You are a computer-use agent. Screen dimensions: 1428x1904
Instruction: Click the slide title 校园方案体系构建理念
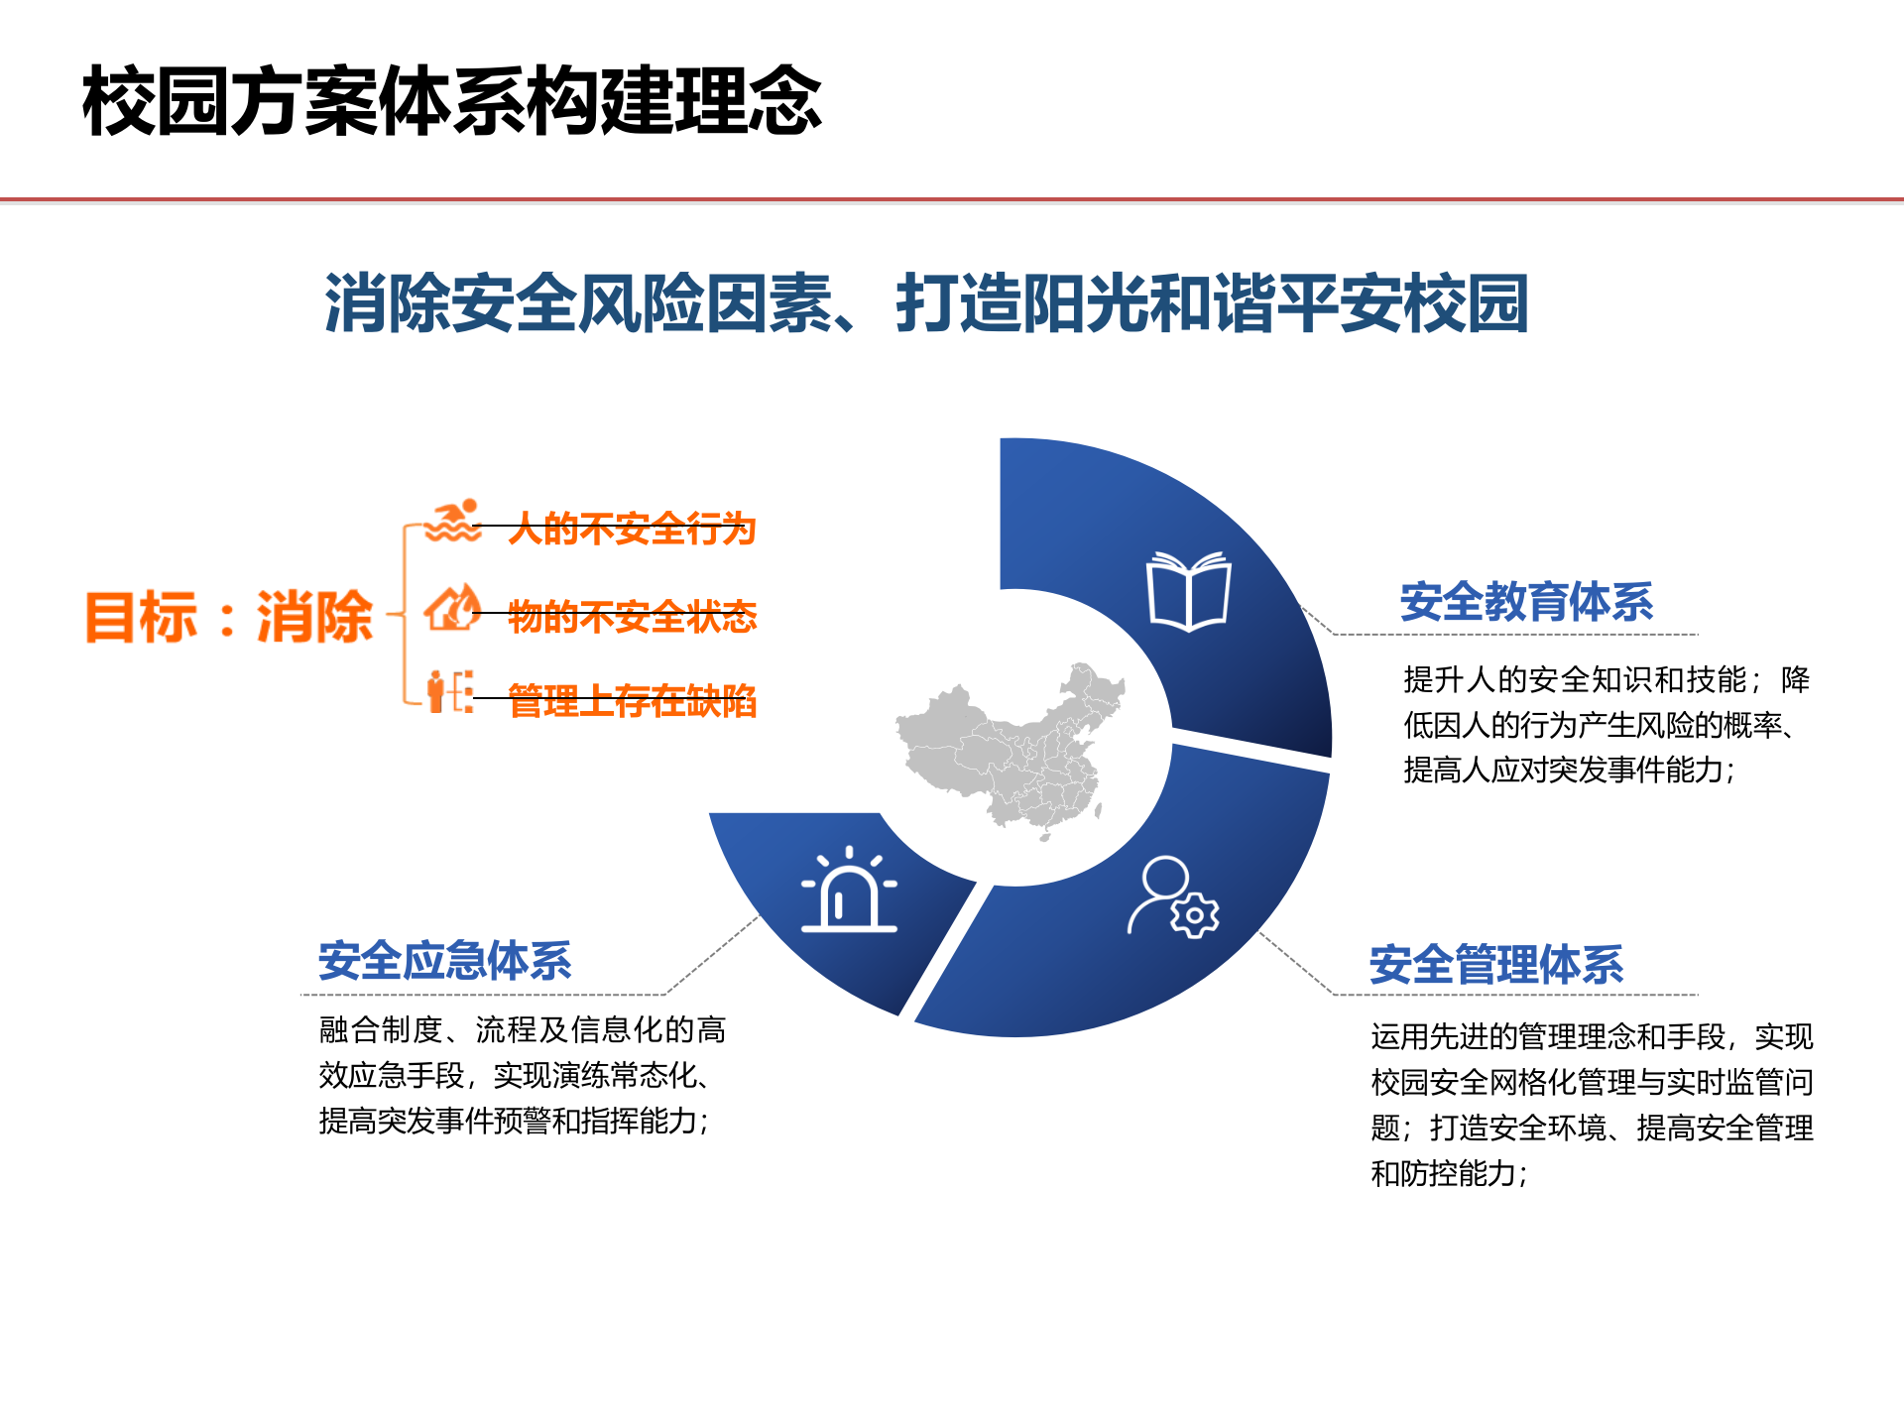point(452,100)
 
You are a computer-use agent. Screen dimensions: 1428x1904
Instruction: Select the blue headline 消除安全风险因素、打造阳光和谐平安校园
point(926,302)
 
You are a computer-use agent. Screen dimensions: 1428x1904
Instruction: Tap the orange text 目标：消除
point(229,617)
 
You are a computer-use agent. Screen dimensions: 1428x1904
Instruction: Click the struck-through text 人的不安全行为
point(632,529)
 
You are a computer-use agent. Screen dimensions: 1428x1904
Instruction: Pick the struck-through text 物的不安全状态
point(632,616)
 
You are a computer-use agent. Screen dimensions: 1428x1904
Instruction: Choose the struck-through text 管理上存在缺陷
point(632,701)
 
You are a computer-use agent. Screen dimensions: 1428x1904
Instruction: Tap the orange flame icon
point(452,608)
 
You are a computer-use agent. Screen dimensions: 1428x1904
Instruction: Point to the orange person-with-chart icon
point(449,691)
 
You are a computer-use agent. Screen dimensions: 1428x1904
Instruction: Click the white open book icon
point(1188,591)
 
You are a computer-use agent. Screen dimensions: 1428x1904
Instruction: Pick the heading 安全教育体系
point(1526,602)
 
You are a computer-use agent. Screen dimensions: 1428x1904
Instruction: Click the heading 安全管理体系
point(1496,965)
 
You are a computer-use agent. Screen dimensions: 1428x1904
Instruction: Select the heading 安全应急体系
point(445,961)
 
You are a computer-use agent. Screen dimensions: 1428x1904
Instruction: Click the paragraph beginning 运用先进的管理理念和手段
point(1592,1105)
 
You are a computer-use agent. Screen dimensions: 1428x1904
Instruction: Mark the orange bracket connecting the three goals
point(405,615)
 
